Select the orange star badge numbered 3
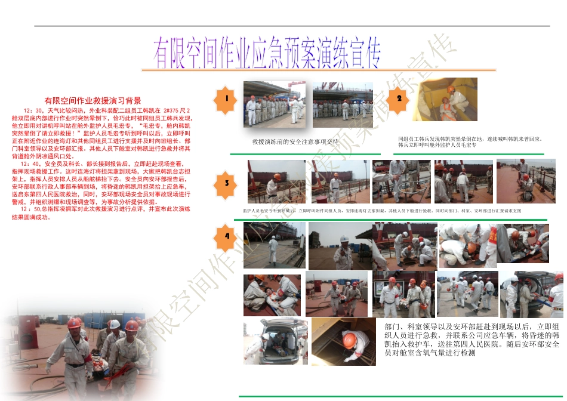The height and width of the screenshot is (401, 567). (x=226, y=184)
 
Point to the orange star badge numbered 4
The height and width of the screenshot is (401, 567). (x=226, y=236)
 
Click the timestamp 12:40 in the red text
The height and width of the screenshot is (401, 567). (x=30, y=164)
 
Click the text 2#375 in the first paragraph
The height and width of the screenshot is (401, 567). (x=170, y=111)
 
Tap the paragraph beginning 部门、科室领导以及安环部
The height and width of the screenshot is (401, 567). (x=472, y=340)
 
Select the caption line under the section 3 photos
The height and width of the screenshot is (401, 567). (x=382, y=211)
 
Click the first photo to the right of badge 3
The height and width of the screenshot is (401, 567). (x=276, y=181)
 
